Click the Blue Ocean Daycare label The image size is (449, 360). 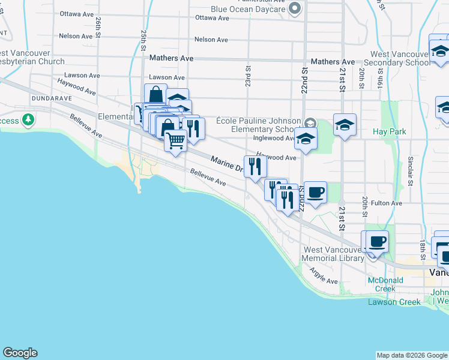[247, 9]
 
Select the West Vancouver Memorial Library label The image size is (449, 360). [333, 254]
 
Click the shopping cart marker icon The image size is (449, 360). [175, 141]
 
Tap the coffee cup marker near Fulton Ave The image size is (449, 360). [315, 193]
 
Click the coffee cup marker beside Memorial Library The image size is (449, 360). [377, 242]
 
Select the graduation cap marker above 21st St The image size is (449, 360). [345, 125]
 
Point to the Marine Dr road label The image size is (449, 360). [226, 164]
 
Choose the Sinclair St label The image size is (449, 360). [411, 170]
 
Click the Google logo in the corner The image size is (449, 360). [20, 353]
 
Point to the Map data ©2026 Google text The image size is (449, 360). [411, 355]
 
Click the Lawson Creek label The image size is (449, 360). [394, 302]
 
